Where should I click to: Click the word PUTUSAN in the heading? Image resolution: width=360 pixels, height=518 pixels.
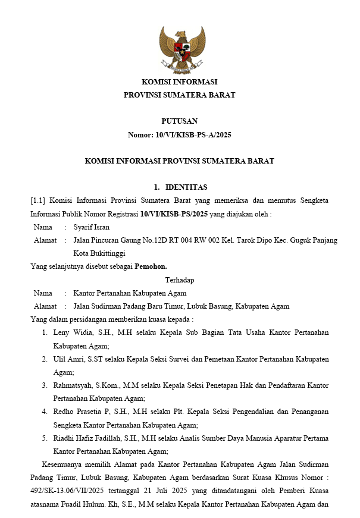[179, 121]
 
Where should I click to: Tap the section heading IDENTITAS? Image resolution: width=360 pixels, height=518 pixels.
[186, 187]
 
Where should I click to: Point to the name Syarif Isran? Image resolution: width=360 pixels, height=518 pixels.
[91, 227]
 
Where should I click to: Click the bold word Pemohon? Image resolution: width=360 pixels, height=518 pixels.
[151, 266]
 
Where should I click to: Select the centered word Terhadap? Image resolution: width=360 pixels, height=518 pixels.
[179, 280]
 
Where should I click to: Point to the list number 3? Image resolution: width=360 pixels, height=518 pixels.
[45, 385]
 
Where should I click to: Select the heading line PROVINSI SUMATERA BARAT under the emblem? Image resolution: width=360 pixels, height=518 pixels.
[179, 95]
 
